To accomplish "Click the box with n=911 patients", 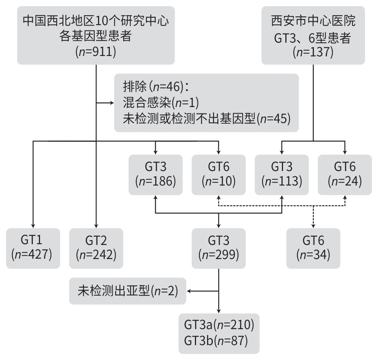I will click(x=96, y=35).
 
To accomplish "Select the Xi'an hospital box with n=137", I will click(x=313, y=35).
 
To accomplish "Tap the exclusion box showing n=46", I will click(x=206, y=103).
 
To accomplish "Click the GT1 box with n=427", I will click(x=33, y=248).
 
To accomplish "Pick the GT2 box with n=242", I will click(x=96, y=248).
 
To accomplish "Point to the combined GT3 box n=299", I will click(x=219, y=248).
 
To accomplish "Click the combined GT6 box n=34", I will click(x=313, y=248).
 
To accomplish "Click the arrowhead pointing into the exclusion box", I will click(x=112, y=103).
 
